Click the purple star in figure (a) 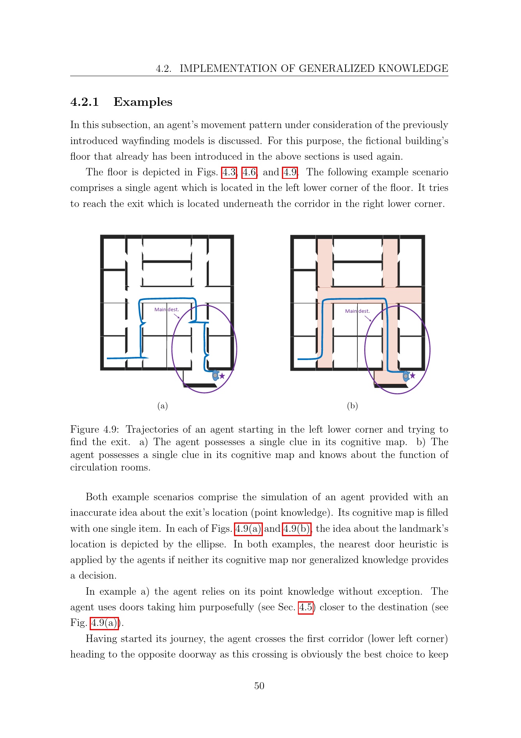222,376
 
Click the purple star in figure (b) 413,376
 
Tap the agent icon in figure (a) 215,375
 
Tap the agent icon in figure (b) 406,376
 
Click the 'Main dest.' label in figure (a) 167,310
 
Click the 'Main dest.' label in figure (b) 357,311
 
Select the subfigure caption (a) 163,406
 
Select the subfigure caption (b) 353,406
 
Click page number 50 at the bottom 259,686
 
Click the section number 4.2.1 85,102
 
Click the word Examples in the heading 143,102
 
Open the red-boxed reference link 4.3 229,172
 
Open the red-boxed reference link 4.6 250,172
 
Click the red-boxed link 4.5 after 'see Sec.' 306,607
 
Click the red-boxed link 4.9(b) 297,529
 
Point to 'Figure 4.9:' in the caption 94,430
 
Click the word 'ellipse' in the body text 211,544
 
